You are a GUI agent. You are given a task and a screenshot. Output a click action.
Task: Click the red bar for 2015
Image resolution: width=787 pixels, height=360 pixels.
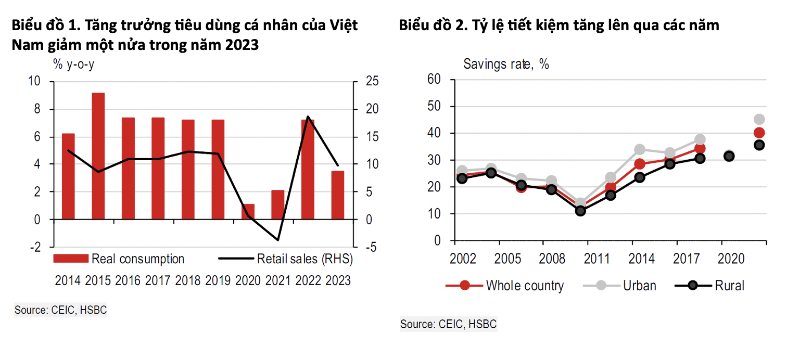pos(98,156)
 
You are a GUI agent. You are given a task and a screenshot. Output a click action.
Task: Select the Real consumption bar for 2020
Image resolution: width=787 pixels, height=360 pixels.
pos(248,212)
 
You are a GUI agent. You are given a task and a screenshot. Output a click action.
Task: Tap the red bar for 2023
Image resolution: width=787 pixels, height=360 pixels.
pos(338,195)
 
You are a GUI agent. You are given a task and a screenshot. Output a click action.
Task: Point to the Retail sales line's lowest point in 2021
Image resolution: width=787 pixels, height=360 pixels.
pos(278,240)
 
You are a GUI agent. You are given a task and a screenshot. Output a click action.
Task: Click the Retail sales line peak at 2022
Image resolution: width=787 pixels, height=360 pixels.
pos(308,117)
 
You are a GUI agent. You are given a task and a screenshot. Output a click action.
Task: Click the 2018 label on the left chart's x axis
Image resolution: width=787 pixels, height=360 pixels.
pos(188,280)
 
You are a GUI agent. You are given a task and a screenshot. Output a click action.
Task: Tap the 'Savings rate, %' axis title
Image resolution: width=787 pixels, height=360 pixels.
pos(506,65)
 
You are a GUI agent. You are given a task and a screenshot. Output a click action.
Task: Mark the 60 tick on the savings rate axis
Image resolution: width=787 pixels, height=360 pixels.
pos(434,79)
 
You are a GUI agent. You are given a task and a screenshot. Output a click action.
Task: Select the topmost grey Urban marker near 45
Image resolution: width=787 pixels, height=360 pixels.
pos(759,119)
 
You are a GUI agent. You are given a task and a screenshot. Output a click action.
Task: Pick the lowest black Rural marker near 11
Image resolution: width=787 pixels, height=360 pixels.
pos(580,211)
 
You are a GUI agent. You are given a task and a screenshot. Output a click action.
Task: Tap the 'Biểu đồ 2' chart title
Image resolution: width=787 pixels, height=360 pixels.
pos(558,24)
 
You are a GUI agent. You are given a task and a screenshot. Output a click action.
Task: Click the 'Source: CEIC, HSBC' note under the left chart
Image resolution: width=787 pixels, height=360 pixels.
pos(60,311)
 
